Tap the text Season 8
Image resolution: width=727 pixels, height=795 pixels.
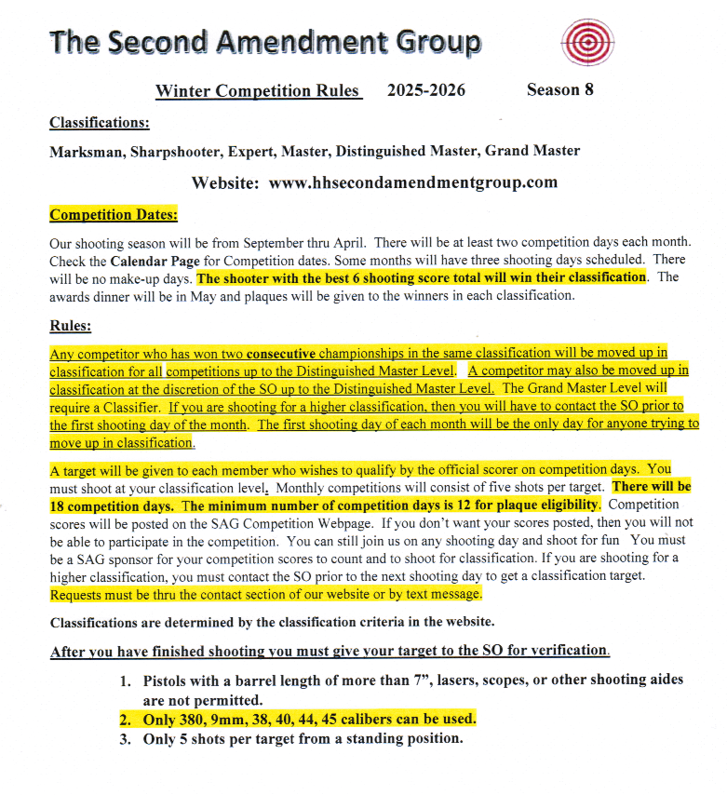[x=559, y=90]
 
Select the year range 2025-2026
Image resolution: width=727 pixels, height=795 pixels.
[x=426, y=91]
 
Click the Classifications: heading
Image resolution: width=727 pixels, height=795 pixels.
[x=100, y=122]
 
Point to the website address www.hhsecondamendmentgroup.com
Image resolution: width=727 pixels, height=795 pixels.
[x=412, y=182]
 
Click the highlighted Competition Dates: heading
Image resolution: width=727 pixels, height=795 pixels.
[x=113, y=215]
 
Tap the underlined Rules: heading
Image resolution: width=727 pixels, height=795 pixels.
[x=71, y=326]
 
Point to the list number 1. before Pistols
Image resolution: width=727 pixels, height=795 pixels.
[x=126, y=680]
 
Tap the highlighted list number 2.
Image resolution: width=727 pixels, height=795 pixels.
[x=126, y=720]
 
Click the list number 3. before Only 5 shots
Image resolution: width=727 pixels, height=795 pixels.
[x=126, y=739]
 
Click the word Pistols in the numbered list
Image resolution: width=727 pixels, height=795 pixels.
[x=168, y=680]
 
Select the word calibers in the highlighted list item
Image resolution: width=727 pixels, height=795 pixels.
[x=387, y=720]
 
